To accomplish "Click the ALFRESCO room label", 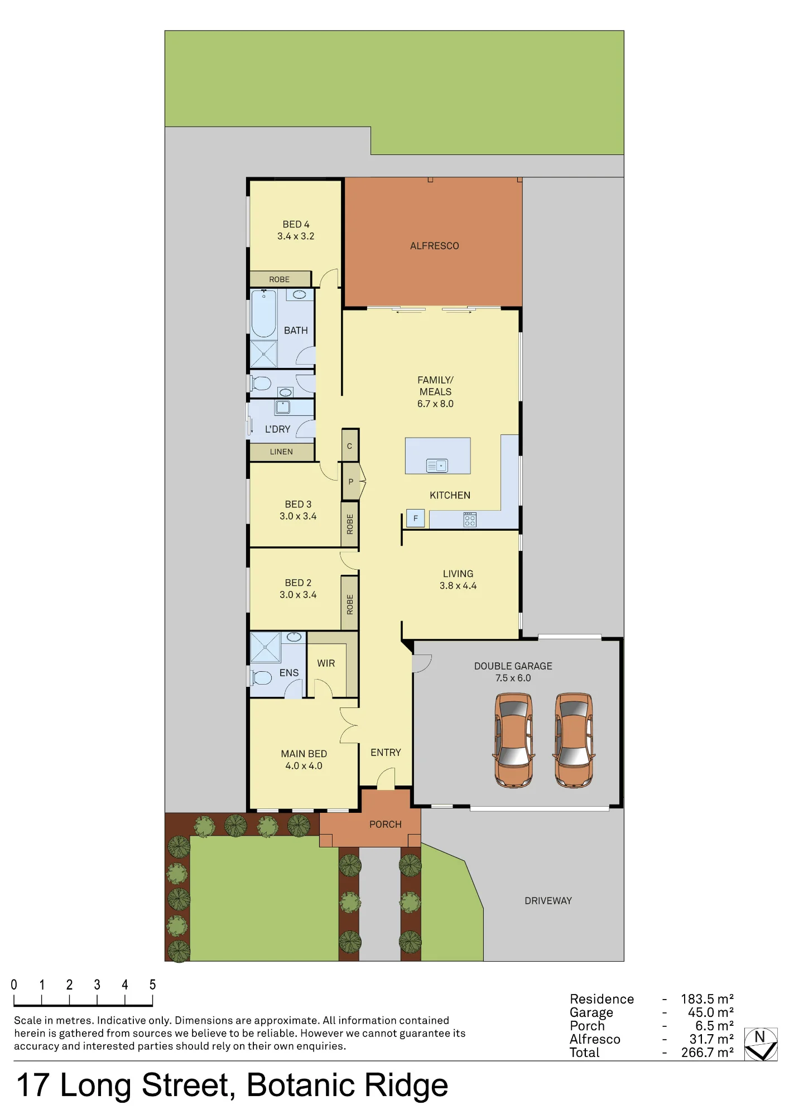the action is (x=434, y=246).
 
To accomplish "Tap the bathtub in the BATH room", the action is (x=263, y=313).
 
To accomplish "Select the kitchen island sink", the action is (x=437, y=465).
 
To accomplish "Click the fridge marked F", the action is (x=415, y=518).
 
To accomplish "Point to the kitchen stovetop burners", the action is (x=470, y=520).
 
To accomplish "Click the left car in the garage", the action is (x=513, y=740).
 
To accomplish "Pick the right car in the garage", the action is (x=574, y=740).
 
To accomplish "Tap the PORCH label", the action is (x=385, y=825).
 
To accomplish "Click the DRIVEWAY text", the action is (x=548, y=901).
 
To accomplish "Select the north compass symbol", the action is (x=761, y=1044).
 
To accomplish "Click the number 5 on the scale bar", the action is (x=152, y=985).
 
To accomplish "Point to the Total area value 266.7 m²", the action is (x=707, y=1053).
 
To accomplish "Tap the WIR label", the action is (x=326, y=663).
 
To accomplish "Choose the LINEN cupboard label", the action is (x=281, y=452).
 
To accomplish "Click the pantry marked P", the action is (x=351, y=482).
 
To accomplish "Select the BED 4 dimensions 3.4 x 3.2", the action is (x=296, y=236).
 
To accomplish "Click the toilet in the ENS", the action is (x=260, y=677).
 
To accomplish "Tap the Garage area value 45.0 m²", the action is (x=710, y=1012).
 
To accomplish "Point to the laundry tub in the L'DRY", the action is (x=283, y=407).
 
